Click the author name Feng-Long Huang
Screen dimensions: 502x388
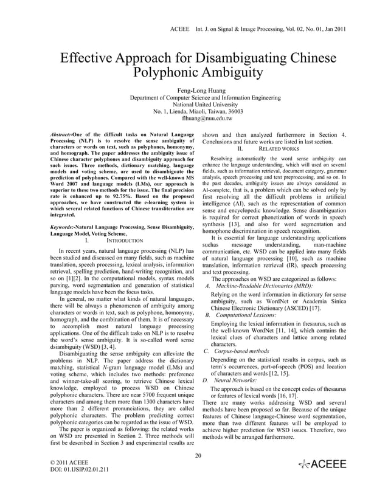[x=194, y=89]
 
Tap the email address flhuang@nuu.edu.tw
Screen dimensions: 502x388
[x=194, y=119]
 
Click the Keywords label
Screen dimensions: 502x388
[x=63, y=226]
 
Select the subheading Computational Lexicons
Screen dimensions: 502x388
[x=246, y=315]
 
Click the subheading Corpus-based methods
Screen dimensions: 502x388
[x=239, y=351]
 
